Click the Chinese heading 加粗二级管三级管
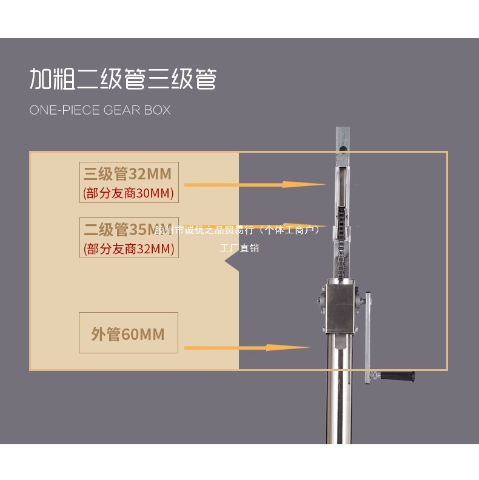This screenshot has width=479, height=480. pyautogui.click(x=123, y=79)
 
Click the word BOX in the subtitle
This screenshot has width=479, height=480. pyautogui.click(x=157, y=110)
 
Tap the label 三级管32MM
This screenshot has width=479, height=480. pyautogui.click(x=128, y=174)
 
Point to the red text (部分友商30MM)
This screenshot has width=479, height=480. pyautogui.click(x=129, y=193)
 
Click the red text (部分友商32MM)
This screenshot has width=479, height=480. pyautogui.click(x=129, y=248)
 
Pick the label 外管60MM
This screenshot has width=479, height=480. pyautogui.click(x=128, y=334)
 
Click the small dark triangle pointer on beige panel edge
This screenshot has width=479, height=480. pyautogui.click(x=232, y=261)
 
